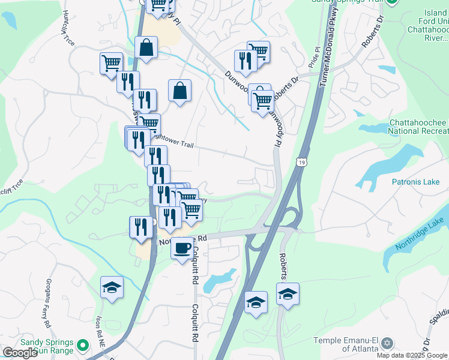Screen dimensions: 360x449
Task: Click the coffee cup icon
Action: [182, 247]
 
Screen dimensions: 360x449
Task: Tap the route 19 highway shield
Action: [301, 161]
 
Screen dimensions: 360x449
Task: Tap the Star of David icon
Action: [387, 343]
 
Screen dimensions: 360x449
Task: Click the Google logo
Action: [20, 353]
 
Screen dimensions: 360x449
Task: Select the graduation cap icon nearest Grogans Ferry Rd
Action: [112, 287]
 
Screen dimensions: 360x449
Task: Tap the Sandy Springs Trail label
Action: [346, 2]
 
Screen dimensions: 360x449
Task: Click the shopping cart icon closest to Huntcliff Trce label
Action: [111, 62]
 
